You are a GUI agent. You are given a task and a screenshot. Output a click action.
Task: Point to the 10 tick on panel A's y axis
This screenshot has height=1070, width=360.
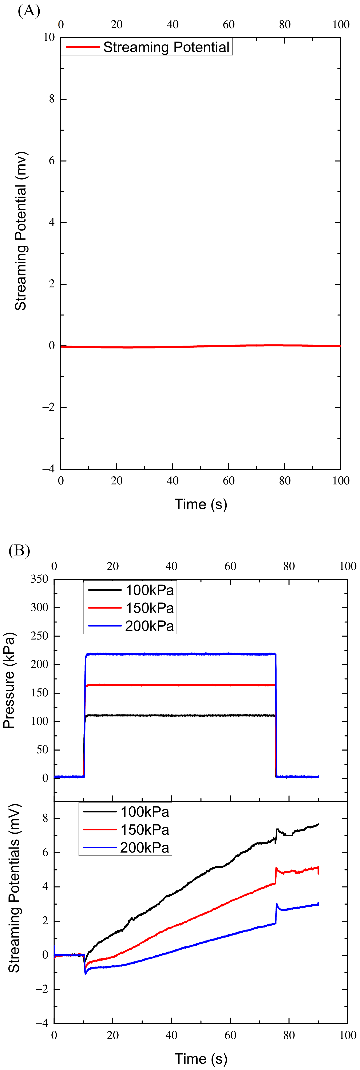click(49, 37)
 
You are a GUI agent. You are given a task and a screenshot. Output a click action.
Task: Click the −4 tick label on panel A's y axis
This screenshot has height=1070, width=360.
click(48, 469)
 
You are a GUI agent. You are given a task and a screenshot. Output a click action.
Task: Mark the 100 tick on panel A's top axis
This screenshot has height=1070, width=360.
click(340, 24)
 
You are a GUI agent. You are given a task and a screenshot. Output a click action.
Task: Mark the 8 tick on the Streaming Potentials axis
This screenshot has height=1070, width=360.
click(45, 818)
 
